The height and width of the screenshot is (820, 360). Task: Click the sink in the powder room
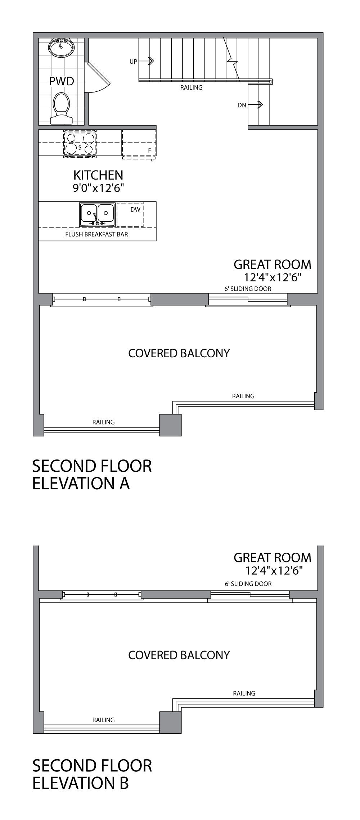click(61, 47)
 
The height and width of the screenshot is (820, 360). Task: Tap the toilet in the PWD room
click(61, 108)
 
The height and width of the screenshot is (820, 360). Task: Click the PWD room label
click(62, 81)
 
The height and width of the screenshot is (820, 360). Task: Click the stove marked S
click(80, 144)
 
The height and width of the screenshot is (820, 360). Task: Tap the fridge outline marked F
click(139, 144)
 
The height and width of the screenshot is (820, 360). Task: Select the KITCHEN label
click(98, 175)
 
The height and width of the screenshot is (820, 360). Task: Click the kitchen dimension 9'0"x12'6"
click(98, 188)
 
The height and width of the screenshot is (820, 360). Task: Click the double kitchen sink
click(97, 214)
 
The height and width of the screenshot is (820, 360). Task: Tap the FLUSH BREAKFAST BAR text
click(96, 234)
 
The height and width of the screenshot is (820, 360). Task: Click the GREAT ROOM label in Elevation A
click(272, 264)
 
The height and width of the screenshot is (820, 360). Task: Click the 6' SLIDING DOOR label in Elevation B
click(248, 584)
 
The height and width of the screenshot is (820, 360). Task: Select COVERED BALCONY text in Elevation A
click(179, 353)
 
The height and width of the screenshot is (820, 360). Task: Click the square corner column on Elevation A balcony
click(170, 425)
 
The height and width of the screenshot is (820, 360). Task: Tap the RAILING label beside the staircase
click(191, 87)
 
